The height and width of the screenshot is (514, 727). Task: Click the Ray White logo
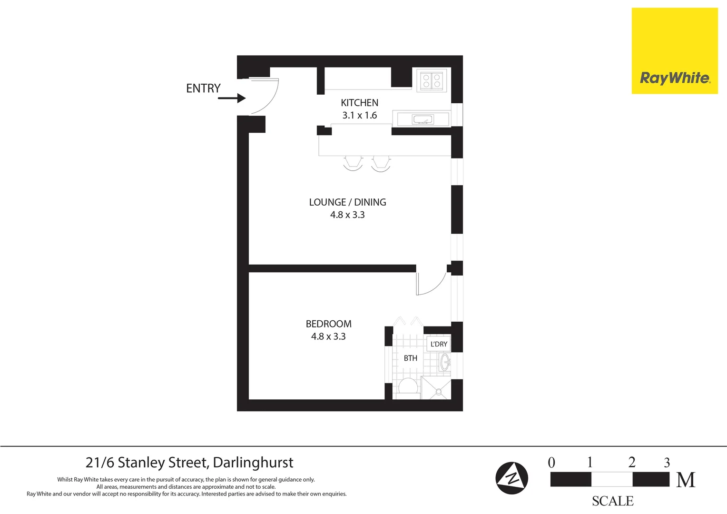pos(674,51)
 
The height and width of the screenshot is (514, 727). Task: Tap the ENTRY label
pos(203,89)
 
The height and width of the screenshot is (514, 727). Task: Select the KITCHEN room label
pos(359,103)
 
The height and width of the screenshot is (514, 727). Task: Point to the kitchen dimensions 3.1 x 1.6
pos(359,115)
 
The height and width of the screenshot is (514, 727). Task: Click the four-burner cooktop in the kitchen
pos(432,80)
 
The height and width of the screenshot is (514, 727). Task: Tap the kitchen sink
pos(422,119)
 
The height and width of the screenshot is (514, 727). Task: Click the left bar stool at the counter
pos(353,163)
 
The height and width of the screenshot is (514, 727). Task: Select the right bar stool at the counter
pos(381,163)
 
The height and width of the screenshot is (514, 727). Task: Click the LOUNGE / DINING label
pos(347,202)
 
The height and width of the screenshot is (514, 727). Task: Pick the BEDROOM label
pos(328,324)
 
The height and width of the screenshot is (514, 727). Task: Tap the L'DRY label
pos(439,344)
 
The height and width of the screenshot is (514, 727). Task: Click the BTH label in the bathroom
pos(410,358)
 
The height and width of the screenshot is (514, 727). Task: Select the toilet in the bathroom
pos(408,386)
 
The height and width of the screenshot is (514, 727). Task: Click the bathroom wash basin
pos(445,362)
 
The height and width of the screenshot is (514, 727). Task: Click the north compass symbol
pos(511,478)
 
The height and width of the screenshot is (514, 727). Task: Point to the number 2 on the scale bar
pos(631,462)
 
